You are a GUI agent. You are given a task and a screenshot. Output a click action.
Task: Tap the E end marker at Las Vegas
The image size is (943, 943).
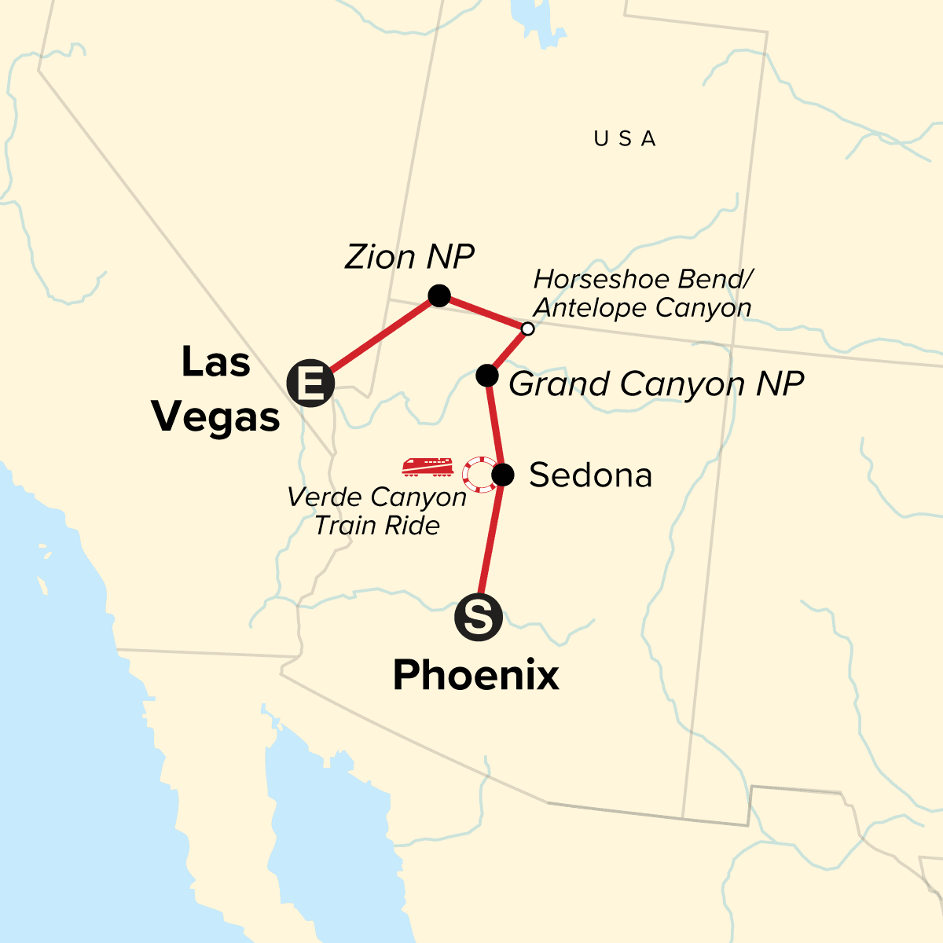(311, 384)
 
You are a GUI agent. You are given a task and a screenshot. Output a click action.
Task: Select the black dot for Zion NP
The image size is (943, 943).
(439, 296)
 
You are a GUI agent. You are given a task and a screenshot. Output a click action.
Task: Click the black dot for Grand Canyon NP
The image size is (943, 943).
(487, 376)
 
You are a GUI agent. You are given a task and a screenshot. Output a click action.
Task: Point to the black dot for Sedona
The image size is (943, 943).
(503, 475)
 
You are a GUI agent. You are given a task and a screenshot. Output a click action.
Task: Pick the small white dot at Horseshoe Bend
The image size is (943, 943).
(528, 328)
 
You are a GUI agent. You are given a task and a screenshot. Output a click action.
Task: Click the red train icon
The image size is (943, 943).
(427, 467)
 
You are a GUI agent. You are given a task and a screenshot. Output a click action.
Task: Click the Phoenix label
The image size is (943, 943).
(476, 675)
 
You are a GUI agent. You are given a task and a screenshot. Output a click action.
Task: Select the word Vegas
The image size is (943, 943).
(216, 417)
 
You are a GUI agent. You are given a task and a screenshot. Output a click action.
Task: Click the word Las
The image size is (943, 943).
(216, 362)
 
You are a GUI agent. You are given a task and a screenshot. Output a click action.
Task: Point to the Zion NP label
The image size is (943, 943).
(409, 257)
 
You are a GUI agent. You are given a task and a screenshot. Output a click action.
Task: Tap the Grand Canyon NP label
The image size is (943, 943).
(656, 384)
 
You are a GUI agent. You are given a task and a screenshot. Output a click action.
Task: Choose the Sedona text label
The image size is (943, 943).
(590, 475)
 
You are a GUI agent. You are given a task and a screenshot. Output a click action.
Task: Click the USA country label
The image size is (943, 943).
(625, 139)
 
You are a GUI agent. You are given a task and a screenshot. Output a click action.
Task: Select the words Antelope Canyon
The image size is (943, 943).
(642, 307)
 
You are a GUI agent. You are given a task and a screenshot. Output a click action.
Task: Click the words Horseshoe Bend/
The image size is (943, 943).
(644, 279)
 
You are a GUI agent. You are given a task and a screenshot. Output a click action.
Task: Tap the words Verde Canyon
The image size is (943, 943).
(376, 497)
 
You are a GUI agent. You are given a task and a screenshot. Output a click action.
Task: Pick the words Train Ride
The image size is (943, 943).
(377, 525)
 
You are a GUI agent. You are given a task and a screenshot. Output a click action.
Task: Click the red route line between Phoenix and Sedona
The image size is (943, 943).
(491, 542)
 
